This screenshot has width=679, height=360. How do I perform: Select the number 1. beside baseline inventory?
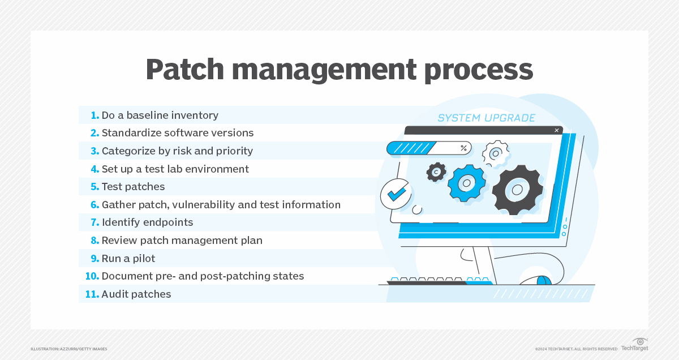pyautogui.click(x=94, y=115)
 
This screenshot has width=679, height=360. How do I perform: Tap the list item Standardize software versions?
pyautogui.click(x=177, y=133)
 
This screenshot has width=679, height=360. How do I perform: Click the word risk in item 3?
pyautogui.click(x=189, y=151)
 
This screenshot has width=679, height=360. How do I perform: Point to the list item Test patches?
pyautogui.click(x=132, y=187)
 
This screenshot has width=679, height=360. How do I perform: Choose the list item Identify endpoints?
pyautogui.click(x=147, y=222)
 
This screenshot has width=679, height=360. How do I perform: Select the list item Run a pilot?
pyautogui.click(x=128, y=259)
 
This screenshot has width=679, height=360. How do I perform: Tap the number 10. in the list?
pyautogui.click(x=92, y=276)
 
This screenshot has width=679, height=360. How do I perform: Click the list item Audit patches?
pyautogui.click(x=136, y=294)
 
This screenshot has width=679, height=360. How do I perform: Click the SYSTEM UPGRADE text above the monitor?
pyautogui.click(x=486, y=118)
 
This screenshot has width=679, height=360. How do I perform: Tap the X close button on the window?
pyautogui.click(x=556, y=130)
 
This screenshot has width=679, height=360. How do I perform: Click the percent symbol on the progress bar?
pyautogui.click(x=464, y=148)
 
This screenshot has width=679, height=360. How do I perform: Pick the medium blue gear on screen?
pyautogui.click(x=467, y=182)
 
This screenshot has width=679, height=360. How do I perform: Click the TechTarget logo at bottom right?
pyautogui.click(x=634, y=345)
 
